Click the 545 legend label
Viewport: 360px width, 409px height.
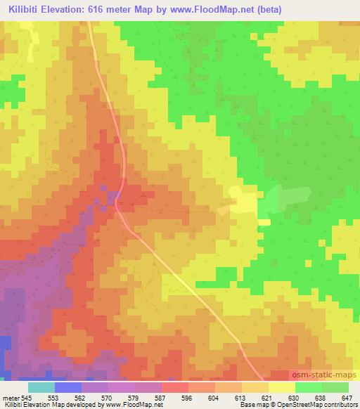pos(25,398)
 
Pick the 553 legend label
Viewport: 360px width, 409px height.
pos(55,398)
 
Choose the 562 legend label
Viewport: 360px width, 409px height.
pos(82,398)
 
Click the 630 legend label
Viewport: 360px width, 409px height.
pos(295,398)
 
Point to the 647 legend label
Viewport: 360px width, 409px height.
pos(348,398)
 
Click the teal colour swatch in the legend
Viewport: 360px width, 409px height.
pos(41,387)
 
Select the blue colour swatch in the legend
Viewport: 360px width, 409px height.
pos(68,387)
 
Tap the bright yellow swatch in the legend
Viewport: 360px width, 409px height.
pos(281,387)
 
